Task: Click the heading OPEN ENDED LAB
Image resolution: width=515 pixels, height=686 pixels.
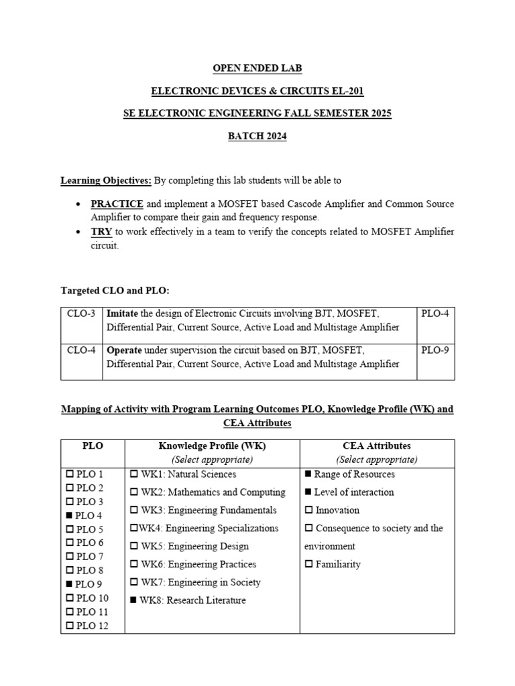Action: pos(257,68)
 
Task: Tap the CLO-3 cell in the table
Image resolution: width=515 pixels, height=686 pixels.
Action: pos(81,314)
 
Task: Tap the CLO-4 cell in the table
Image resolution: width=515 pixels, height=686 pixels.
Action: pos(81,350)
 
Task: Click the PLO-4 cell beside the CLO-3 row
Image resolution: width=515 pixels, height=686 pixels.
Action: pos(435,314)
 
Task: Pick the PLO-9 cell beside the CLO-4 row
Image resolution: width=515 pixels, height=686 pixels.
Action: pos(435,350)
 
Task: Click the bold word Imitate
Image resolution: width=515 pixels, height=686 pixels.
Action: pos(124,314)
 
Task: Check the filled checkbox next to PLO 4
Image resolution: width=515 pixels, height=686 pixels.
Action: pos(70,516)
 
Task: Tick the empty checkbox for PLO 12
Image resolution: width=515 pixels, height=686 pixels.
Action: pos(70,626)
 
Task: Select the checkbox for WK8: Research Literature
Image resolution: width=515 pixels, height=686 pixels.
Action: pos(133,600)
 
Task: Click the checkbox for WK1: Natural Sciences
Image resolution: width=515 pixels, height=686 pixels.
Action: pos(133,474)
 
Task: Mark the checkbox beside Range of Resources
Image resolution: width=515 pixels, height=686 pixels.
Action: pos(308,474)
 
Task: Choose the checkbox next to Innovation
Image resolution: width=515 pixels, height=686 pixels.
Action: pos(308,510)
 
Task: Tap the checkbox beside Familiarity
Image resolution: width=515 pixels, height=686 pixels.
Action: pos(308,565)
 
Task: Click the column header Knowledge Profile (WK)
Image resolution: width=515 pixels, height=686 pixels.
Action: pos(212,445)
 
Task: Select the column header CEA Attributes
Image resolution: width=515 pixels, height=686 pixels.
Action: pos(377,445)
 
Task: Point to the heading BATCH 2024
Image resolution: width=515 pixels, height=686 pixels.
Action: pos(257,137)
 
